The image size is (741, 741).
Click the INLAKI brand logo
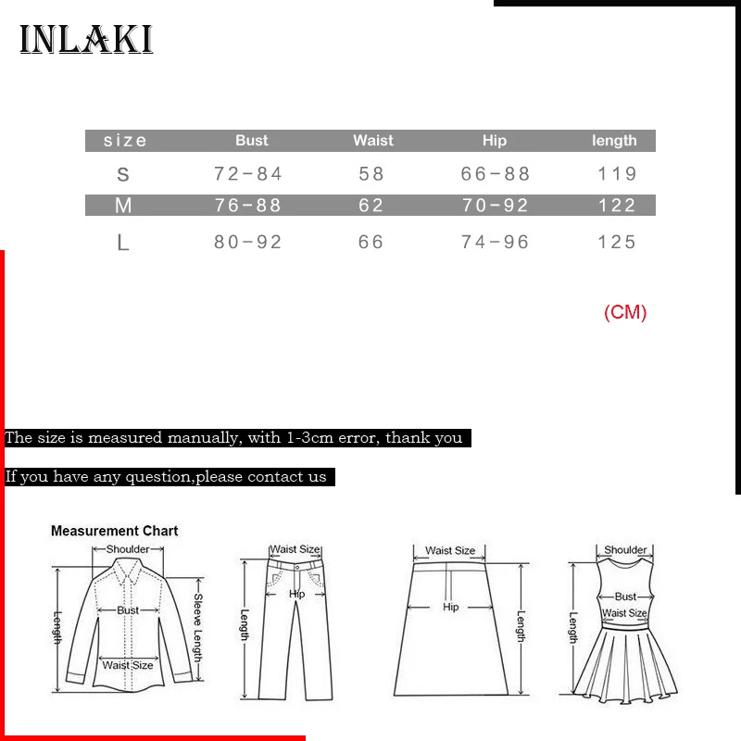point(86,40)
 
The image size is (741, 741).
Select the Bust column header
point(251,141)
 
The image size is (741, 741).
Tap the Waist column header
point(372,141)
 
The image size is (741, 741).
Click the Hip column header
point(495,141)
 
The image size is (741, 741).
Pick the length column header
point(614,141)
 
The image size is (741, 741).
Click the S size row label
point(123,174)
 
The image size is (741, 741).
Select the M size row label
point(123,206)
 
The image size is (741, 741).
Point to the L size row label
point(122,243)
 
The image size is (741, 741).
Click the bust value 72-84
point(248,174)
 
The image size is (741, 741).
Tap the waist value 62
point(371,206)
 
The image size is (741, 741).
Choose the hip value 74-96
point(496,243)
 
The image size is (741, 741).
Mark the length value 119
point(618,174)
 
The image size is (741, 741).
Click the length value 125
point(618,243)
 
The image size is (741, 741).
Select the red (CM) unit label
point(625,312)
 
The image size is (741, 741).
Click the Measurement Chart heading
point(114,531)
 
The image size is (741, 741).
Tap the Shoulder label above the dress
point(625,550)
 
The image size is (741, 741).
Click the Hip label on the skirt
point(451,607)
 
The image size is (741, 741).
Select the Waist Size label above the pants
point(295,550)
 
